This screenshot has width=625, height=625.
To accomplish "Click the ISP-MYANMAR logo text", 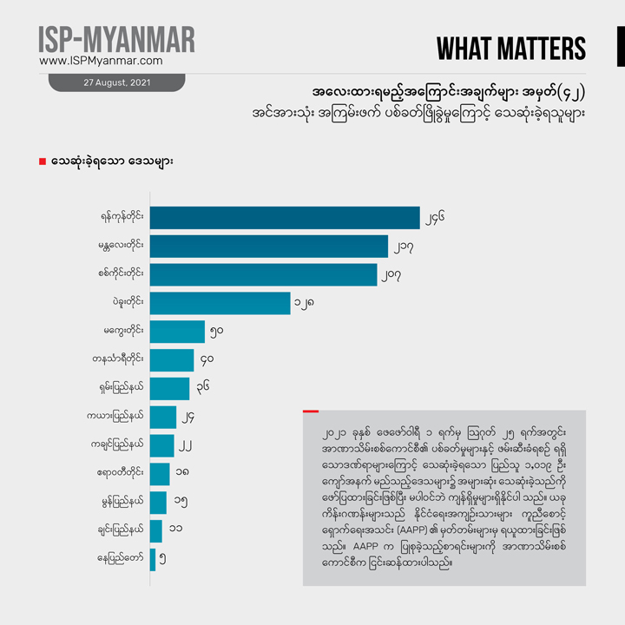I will (116, 39).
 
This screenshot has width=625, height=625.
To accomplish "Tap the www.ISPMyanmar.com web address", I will (101, 62).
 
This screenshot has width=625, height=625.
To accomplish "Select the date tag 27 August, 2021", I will (116, 83).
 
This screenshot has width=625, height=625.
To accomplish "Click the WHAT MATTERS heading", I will (511, 49).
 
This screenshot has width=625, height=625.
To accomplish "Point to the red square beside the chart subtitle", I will (43, 162).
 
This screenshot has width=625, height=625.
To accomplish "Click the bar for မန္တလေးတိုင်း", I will (268, 247).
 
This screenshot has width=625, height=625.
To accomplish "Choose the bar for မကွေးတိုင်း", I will (177, 332).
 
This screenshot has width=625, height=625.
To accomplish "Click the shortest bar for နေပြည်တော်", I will (153, 560).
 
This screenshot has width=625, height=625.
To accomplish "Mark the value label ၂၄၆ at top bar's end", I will (435, 219).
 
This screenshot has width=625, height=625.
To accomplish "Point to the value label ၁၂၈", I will (305, 303).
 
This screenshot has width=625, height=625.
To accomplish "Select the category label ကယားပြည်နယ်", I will (122, 418).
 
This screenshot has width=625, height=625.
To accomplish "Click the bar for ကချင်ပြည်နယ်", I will (161, 446).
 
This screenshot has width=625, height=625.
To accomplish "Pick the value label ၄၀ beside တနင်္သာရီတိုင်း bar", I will (207, 360).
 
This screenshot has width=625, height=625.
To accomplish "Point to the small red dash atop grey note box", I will (310, 411).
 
